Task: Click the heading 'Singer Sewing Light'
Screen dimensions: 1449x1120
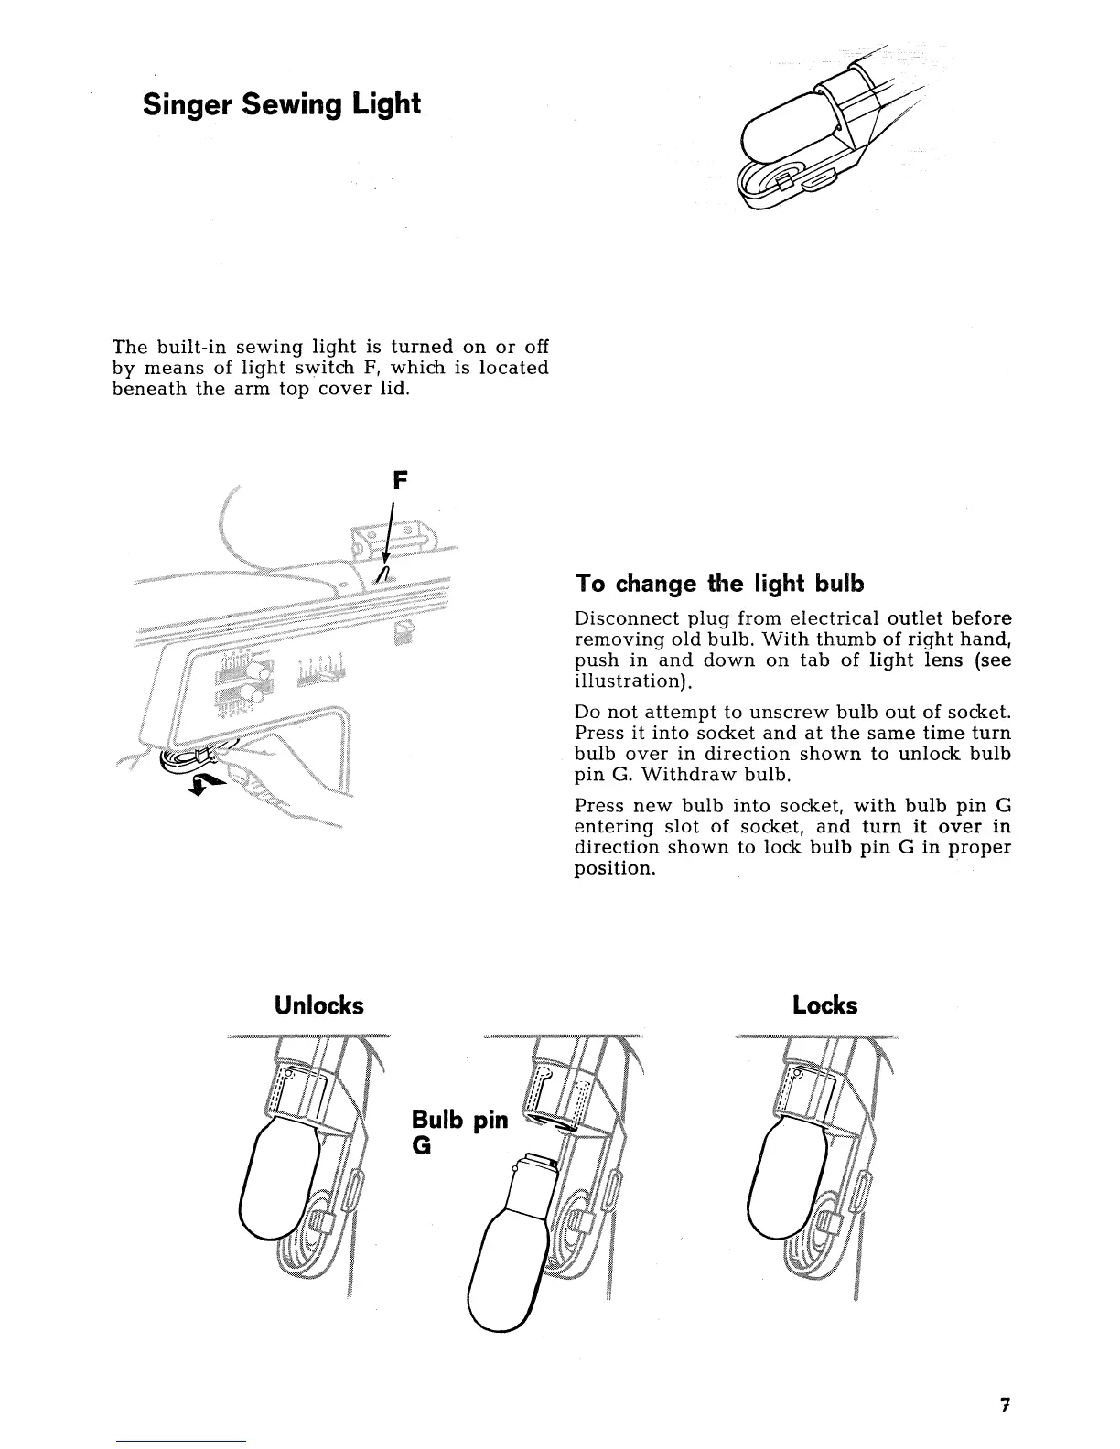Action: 281,103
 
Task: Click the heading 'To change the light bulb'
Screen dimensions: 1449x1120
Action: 719,584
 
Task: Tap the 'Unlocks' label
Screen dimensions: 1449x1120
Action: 318,1006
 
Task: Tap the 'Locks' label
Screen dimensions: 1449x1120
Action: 824,1006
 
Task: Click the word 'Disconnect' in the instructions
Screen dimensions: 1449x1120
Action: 626,618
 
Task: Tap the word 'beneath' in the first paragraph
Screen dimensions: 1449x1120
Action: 143,388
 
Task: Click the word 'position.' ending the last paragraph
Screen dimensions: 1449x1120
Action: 614,869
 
